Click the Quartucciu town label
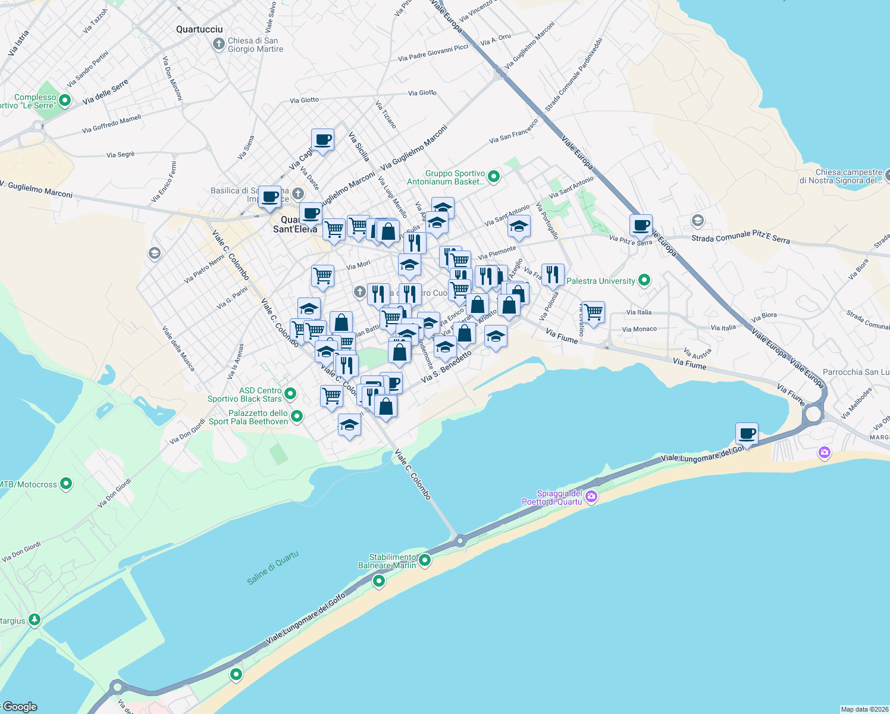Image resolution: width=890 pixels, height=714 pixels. tap(199, 29)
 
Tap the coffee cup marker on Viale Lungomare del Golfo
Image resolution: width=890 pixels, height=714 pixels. tap(747, 434)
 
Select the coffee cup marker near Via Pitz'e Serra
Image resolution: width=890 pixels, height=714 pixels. tap(641, 226)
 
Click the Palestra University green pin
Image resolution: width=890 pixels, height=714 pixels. tap(644, 280)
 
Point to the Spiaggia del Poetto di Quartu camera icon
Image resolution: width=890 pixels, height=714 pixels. tap(591, 497)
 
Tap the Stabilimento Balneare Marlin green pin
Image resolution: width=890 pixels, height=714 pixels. tap(425, 560)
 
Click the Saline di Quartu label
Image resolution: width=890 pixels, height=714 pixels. tap(273, 568)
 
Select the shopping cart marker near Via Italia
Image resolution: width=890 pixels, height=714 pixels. tap(593, 312)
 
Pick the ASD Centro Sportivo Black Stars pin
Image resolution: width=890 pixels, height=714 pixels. tap(290, 393)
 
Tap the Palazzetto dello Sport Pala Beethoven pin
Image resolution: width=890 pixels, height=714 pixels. tap(297, 416)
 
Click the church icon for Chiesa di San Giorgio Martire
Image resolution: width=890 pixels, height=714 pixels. tap(218, 44)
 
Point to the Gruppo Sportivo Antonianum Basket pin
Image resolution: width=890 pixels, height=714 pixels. tap(493, 176)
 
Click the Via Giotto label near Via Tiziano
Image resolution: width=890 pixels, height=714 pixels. tap(422, 93)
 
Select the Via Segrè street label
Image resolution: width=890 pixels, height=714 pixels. tap(121, 155)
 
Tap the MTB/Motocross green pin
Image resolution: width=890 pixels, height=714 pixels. tap(66, 484)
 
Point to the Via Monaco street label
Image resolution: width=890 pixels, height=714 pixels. tap(640, 329)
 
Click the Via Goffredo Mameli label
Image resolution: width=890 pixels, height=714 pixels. tap(112, 124)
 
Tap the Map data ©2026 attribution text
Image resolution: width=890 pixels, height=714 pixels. tap(864, 709)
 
